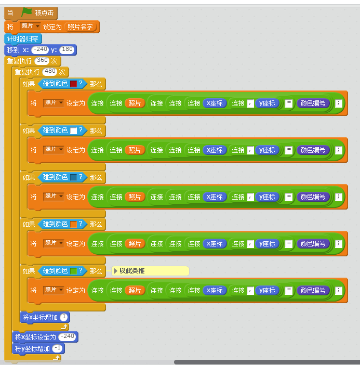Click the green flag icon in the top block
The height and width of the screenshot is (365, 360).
(26, 12)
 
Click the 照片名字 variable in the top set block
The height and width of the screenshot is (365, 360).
(80, 27)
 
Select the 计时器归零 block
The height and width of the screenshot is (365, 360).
(23, 38)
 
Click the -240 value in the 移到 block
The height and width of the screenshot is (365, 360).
(40, 50)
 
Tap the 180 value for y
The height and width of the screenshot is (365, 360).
(67, 50)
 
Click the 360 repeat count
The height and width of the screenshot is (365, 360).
(42, 61)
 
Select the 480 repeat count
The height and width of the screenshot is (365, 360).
(50, 72)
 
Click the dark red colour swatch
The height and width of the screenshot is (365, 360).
(73, 84)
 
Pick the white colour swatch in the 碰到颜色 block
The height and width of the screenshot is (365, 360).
(73, 131)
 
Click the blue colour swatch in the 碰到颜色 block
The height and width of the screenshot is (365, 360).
(73, 177)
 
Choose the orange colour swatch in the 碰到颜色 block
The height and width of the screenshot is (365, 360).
(73, 224)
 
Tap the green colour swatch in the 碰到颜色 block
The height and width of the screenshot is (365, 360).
(73, 271)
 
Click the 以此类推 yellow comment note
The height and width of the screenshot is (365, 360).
(151, 271)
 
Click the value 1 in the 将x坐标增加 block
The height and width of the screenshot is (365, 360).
(64, 317)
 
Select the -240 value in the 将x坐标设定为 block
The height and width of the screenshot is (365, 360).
(68, 336)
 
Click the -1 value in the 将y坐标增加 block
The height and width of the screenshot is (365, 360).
(58, 348)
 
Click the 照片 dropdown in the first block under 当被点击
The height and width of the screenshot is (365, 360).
(30, 27)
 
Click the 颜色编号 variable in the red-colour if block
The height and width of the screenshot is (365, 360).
(313, 103)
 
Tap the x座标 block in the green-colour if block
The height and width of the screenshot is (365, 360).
(214, 290)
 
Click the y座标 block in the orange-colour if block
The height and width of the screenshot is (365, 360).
(267, 243)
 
